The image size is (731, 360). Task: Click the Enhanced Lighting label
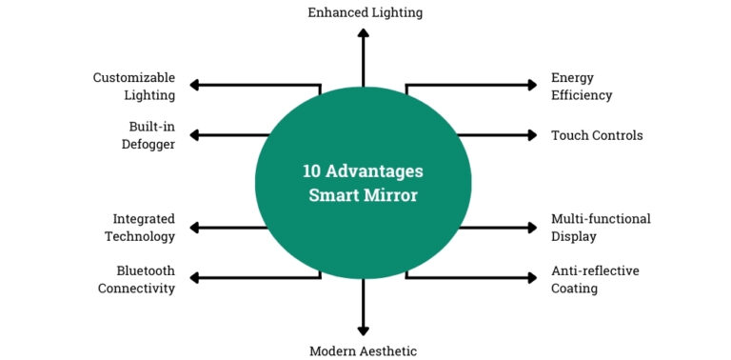coord(365,12)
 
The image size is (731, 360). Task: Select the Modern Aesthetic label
coord(363,350)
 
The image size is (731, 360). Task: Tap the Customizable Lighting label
coord(134,86)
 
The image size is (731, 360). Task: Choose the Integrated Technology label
coord(144,228)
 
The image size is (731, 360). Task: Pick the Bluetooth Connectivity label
coord(137,279)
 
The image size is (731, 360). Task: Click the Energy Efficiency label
coord(582,86)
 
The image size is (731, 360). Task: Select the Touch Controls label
coord(597,135)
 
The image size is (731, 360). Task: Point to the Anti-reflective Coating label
coord(595,279)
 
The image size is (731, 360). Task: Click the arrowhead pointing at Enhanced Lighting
coord(363,33)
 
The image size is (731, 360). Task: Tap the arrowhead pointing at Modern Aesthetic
coord(363,329)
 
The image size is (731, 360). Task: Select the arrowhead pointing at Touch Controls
coord(531,135)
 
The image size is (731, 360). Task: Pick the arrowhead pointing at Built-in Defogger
coord(195,135)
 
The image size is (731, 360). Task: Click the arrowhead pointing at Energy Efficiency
coord(531,86)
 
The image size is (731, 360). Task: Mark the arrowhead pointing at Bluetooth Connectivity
coord(195,278)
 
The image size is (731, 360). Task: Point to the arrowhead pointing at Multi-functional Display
coord(531,228)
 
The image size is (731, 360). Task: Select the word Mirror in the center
coord(390,195)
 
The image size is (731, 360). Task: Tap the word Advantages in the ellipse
coord(376,171)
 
